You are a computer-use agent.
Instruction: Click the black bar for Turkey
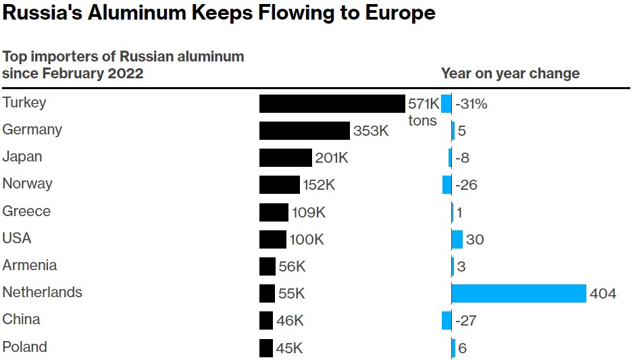pyautogui.click(x=332, y=103)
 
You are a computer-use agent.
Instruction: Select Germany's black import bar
pyautogui.click(x=304, y=130)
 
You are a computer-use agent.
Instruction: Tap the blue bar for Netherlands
pyautogui.click(x=518, y=293)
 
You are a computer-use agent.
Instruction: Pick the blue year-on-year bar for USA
pyautogui.click(x=457, y=239)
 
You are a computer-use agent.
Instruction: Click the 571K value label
pyautogui.click(x=424, y=103)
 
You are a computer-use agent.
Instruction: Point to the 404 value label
pyautogui.click(x=603, y=294)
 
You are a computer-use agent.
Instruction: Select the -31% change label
pyautogui.click(x=472, y=104)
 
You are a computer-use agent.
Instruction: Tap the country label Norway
pyautogui.click(x=28, y=184)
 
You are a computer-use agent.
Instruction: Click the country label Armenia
pyautogui.click(x=30, y=265)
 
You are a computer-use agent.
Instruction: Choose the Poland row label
pyautogui.click(x=25, y=347)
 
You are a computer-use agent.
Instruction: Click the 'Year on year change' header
pyautogui.click(x=510, y=73)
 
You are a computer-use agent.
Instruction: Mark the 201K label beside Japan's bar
pyautogui.click(x=331, y=158)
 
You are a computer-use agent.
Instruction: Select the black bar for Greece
pyautogui.click(x=274, y=212)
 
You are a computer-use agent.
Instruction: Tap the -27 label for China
pyautogui.click(x=466, y=321)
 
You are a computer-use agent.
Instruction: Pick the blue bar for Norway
pyautogui.click(x=447, y=184)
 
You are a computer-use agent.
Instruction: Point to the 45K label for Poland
pyautogui.click(x=289, y=349)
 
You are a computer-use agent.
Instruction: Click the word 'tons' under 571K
pyautogui.click(x=422, y=121)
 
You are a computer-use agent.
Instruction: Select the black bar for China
pyautogui.click(x=266, y=320)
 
